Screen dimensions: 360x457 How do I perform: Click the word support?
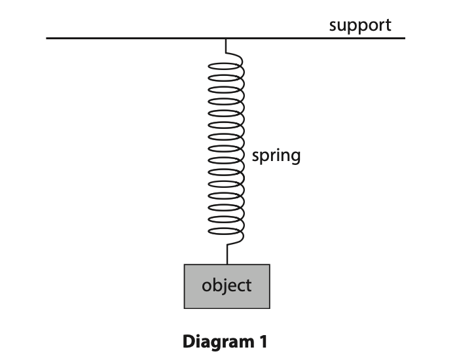pos(359,26)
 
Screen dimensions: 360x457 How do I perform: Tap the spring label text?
pos(276,156)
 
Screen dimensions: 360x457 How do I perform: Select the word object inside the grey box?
pos(227,285)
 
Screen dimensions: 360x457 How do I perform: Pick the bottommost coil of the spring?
pos(227,235)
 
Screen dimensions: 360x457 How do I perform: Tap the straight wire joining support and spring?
pos(226,45)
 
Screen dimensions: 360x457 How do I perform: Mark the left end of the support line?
pos(47,39)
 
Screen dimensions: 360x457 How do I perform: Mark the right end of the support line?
pos(404,39)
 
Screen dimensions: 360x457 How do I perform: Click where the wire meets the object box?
pos(227,264)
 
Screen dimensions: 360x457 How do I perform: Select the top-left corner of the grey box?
pos(185,264)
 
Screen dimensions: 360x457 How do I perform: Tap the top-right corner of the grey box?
pos(269,264)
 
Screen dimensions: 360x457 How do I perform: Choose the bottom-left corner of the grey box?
pos(185,308)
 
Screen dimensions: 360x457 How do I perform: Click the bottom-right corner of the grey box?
pos(269,308)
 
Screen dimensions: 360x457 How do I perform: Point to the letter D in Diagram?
pos(189,341)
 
